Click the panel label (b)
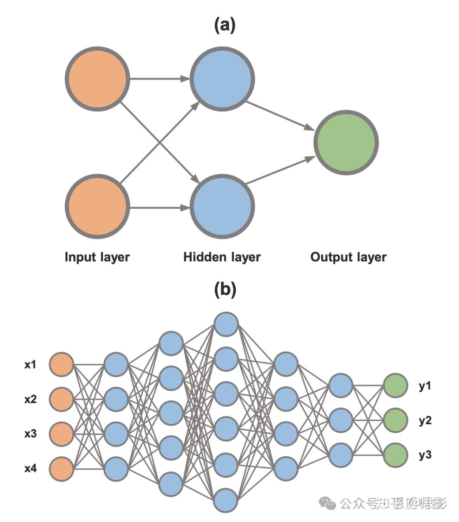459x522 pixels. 225,289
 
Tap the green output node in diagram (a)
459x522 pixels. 346,142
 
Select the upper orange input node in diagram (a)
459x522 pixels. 97,79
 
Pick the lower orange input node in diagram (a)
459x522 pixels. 97,206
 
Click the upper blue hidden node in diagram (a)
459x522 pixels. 222,79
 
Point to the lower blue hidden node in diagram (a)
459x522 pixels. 222,206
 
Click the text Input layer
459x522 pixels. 97,257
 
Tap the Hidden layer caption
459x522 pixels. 222,257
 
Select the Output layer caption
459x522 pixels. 348,257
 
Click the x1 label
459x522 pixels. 30,365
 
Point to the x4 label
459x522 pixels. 30,468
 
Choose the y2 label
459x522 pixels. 425,420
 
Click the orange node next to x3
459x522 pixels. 62,434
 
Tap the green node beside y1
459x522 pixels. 396,386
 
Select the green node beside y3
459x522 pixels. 396,455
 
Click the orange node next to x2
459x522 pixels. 62,399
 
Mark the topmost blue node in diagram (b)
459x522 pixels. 226,324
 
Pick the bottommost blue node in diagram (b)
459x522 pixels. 226,500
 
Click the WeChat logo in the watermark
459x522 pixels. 327,504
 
